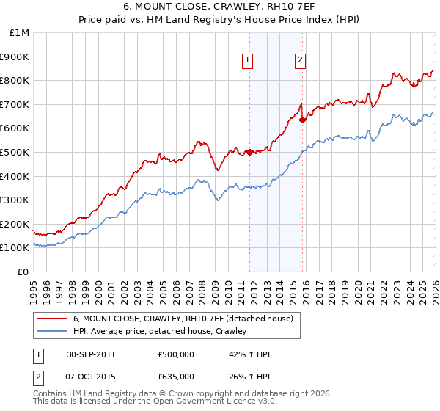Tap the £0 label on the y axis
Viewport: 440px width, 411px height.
tap(24, 272)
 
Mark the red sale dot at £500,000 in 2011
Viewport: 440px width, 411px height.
tap(249, 152)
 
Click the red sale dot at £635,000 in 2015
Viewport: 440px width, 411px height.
tap(302, 120)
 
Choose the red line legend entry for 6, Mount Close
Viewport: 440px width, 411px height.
tap(183, 319)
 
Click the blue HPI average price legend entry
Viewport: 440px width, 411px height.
tap(160, 331)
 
